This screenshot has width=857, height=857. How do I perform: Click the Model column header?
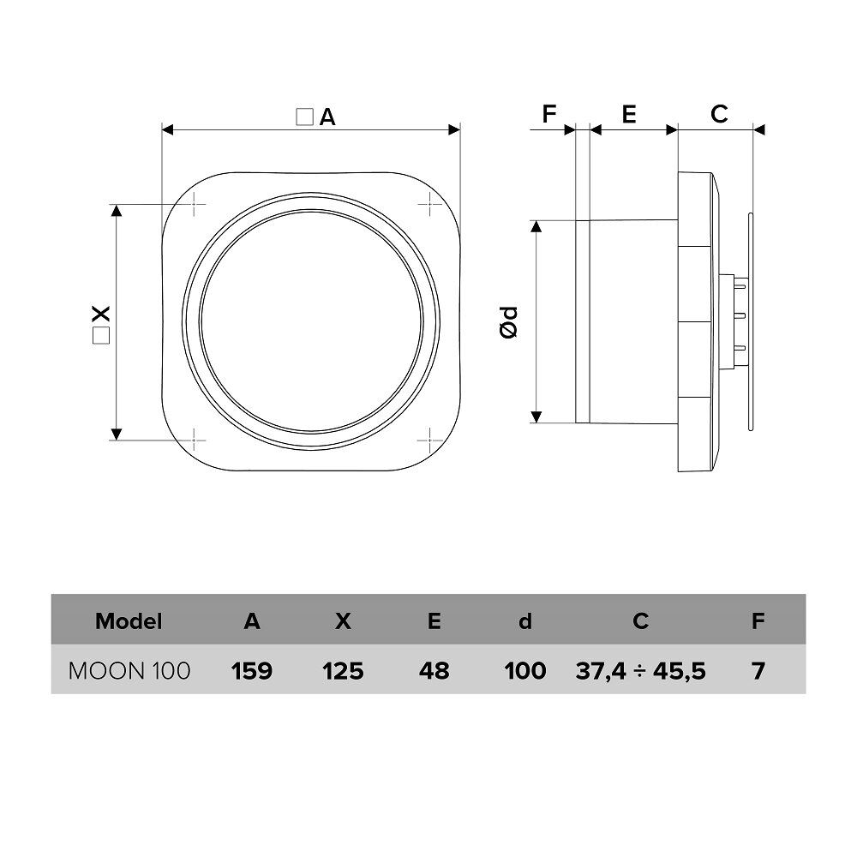pyautogui.click(x=129, y=621)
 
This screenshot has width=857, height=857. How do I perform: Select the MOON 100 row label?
pyautogui.click(x=129, y=671)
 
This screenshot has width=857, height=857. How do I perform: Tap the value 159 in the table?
pyautogui.click(x=251, y=671)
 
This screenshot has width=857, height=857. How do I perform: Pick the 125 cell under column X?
pyautogui.click(x=343, y=671)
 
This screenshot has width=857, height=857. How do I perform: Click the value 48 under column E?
pyautogui.click(x=434, y=671)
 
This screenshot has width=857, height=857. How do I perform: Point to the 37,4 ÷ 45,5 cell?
pyautogui.click(x=640, y=671)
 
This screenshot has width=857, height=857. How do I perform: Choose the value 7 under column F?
pyautogui.click(x=758, y=671)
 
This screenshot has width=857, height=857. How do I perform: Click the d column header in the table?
pyautogui.click(x=525, y=621)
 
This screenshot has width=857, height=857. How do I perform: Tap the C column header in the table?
pyautogui.click(x=640, y=621)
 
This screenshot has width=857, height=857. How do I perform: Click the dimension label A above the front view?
pyautogui.click(x=327, y=117)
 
